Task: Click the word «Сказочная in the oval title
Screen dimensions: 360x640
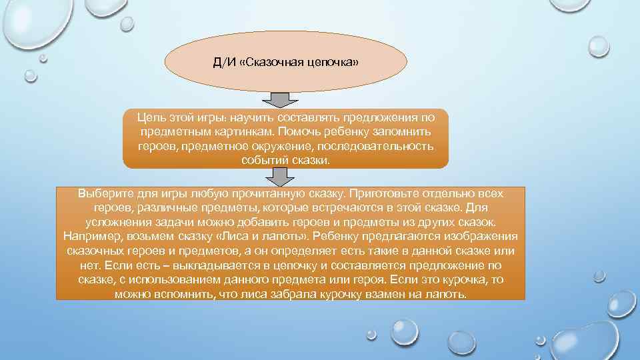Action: click(269, 63)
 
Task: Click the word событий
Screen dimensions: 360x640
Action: click(263, 161)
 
